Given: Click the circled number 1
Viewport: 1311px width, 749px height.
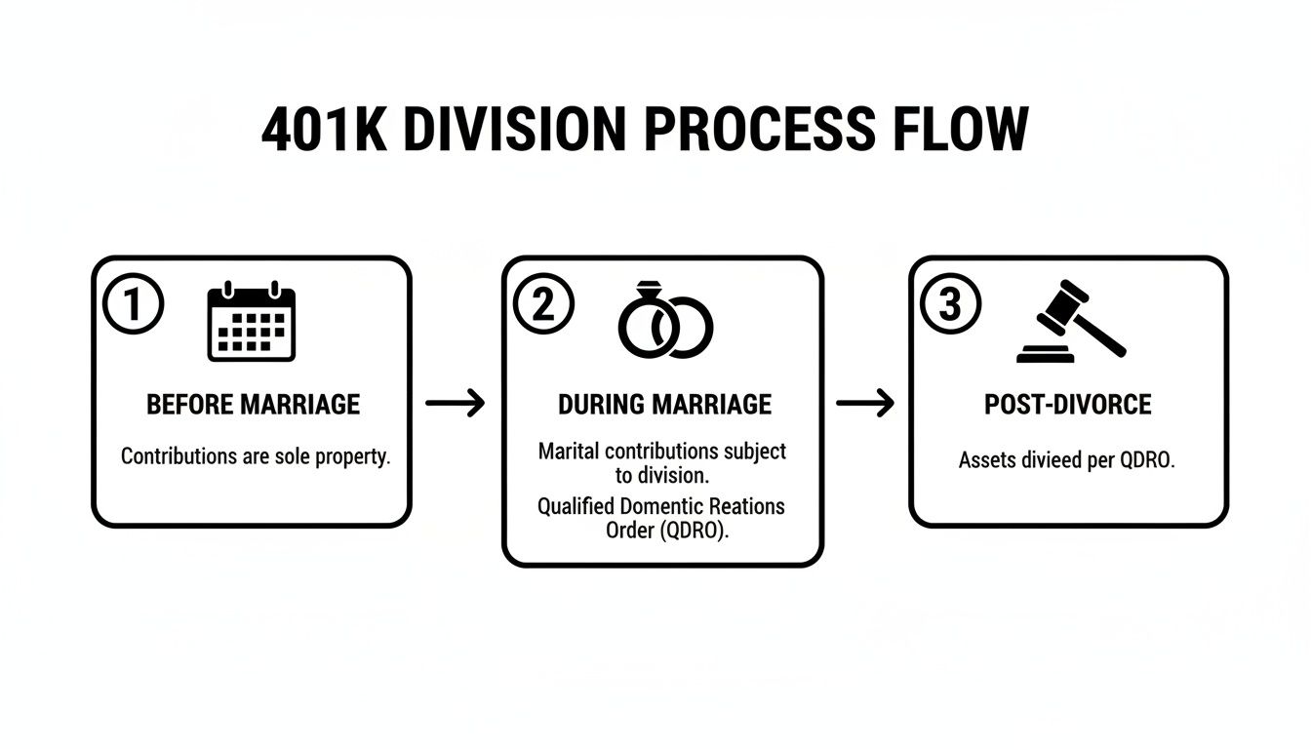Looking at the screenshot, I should [133, 305].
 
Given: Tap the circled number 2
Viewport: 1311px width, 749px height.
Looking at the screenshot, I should [542, 305].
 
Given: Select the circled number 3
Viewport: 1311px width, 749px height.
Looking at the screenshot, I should [950, 305].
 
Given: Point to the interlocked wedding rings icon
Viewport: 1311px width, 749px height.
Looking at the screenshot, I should [665, 321].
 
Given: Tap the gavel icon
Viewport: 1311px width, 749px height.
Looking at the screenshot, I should [1070, 322].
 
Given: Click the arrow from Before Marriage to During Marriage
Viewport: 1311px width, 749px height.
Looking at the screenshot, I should [456, 403].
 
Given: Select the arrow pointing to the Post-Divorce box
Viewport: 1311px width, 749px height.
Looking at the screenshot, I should [865, 403].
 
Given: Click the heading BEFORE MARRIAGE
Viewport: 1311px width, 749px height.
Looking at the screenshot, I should [253, 404].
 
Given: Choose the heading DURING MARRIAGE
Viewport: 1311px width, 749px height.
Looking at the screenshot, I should [664, 404].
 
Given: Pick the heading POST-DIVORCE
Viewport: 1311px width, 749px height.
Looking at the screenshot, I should [1068, 404].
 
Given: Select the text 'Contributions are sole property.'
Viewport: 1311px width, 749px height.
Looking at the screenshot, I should [255, 456].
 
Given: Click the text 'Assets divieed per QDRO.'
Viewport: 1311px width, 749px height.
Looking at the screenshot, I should [1067, 460].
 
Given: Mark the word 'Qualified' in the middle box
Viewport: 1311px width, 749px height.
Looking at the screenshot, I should [576, 506].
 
